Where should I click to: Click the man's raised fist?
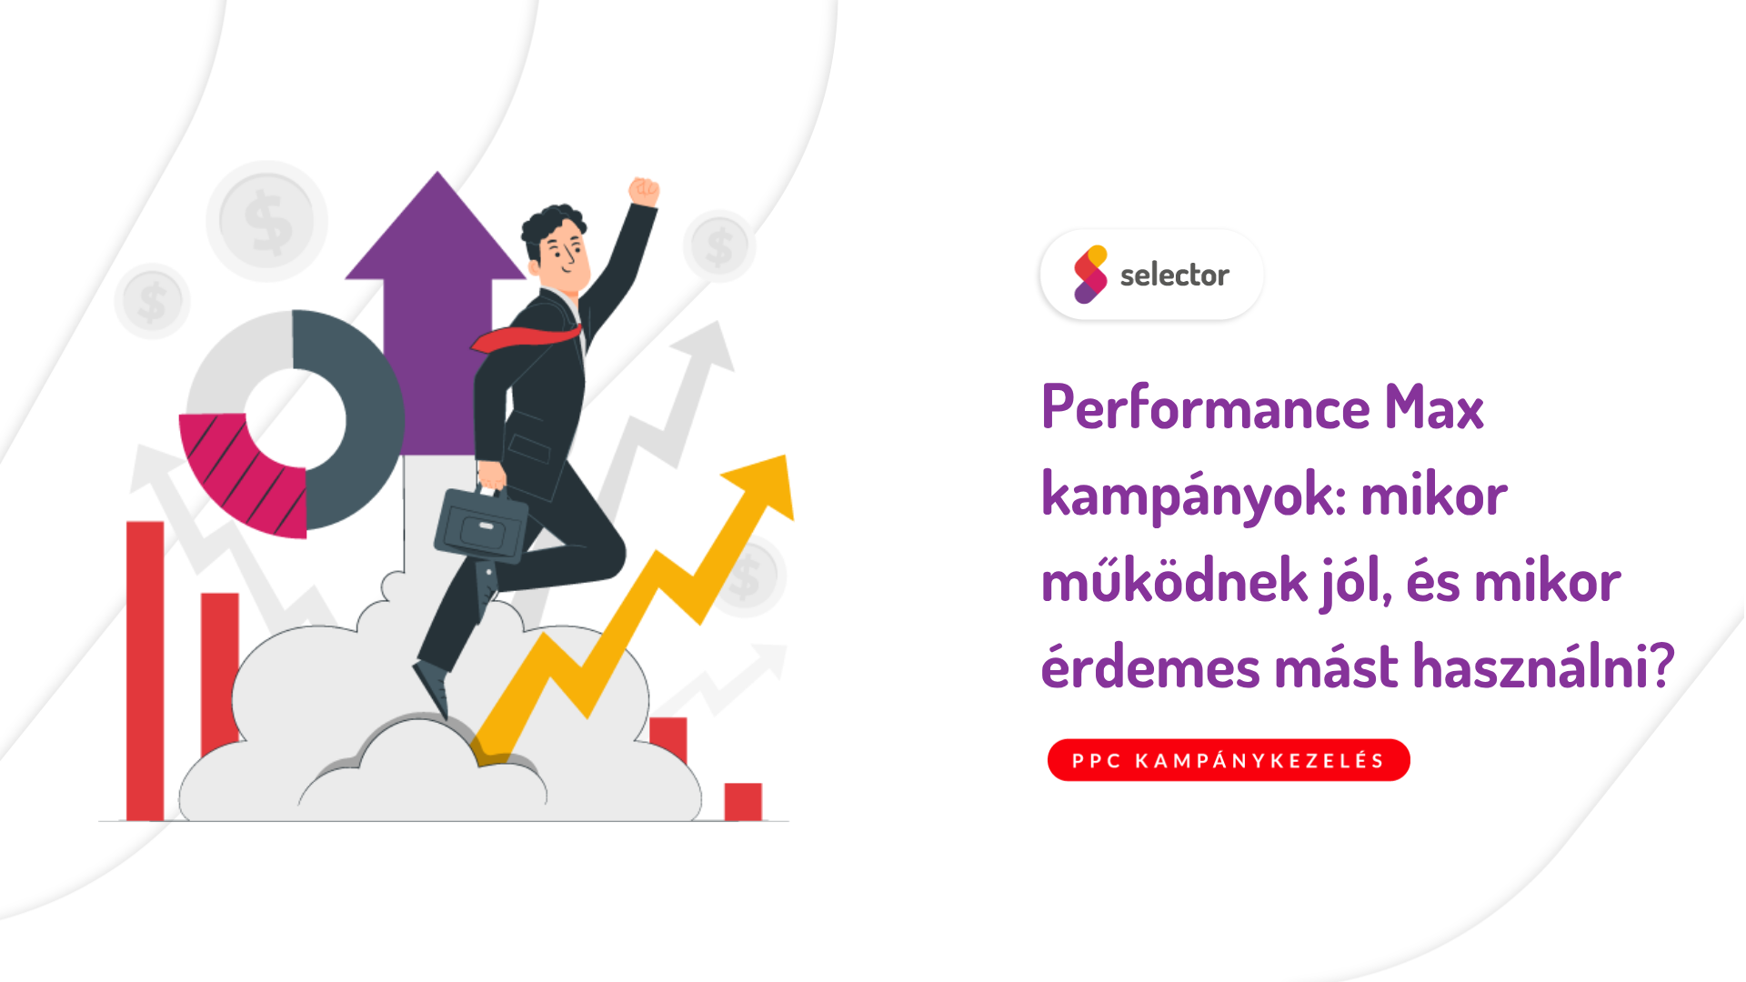[x=644, y=191]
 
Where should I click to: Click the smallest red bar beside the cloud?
[x=743, y=801]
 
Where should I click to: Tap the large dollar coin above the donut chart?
[x=267, y=221]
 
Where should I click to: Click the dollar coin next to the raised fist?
[x=719, y=245]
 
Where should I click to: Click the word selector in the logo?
[x=1174, y=275]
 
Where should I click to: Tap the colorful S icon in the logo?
[x=1090, y=274]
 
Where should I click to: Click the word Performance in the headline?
[x=1205, y=408]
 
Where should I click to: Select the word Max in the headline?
[x=1434, y=408]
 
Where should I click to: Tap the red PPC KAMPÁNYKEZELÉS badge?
[x=1228, y=760]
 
